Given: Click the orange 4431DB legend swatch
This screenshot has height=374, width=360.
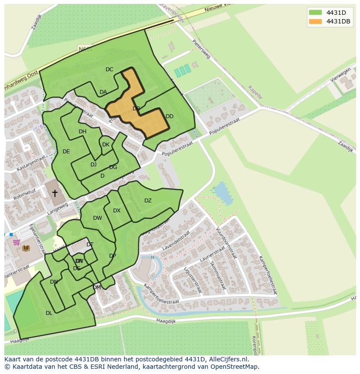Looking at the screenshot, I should coord(315,22).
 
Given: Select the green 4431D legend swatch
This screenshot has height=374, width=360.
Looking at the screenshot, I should coord(315,13).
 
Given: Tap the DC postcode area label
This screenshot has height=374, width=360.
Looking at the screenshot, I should coord(109,70).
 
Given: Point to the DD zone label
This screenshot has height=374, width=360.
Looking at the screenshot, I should coord(170,116).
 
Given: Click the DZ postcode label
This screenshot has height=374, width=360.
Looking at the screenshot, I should coord(148,201).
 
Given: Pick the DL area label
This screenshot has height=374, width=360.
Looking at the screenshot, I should coord(49,313).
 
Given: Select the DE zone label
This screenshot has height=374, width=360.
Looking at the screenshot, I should coord(66,152).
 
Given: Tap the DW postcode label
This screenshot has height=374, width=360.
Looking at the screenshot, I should coord(97,218).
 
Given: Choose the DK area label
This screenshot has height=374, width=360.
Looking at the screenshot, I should coord(106,145).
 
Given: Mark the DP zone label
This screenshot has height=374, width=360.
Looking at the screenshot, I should coord(113,256).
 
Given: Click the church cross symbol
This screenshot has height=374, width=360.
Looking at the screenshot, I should coord(55,193).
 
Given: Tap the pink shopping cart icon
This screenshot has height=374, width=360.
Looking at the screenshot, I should coord(16,242).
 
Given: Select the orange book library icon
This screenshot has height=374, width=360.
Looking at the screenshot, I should coord(26,248).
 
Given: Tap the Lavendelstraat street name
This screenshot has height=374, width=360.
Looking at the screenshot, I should coord(176,241).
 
